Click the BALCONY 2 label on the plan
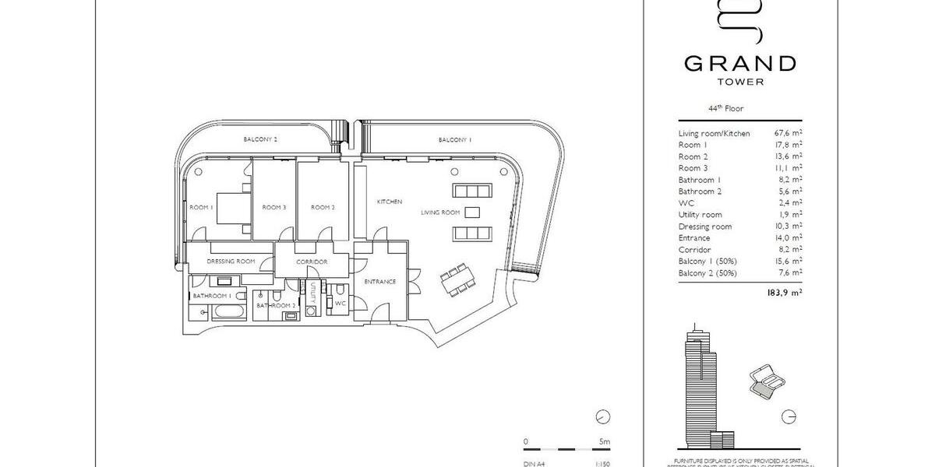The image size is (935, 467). tap(260, 139)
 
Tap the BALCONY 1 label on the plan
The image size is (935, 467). tap(455, 139)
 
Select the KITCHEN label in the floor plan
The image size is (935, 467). tap(390, 202)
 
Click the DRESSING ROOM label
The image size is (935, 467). tap(231, 262)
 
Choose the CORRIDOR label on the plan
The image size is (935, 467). tap(312, 262)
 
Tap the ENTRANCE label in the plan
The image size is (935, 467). tap(380, 282)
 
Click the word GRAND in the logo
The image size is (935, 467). tap(740, 63)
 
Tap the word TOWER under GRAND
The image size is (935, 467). tap(740, 81)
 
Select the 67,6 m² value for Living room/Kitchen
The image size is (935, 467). tap(788, 133)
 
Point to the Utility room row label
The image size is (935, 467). tap(700, 215)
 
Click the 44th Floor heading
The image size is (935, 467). tap(714, 110)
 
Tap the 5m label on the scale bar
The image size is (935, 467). tap(605, 442)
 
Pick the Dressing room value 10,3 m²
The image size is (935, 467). tap(788, 226)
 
